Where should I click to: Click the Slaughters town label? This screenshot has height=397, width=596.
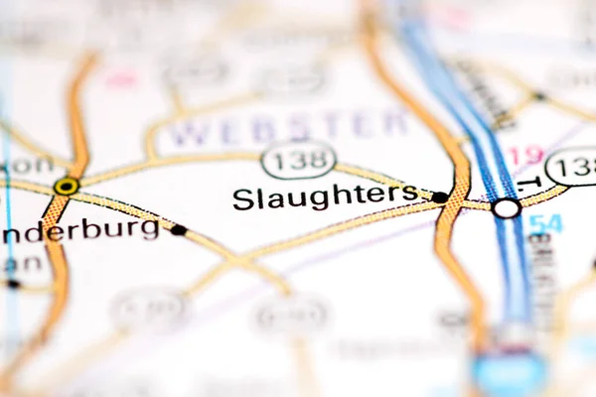pos(325,197)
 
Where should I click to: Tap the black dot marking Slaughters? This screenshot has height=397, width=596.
pos(439,198)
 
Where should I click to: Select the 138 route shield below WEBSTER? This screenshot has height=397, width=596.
pos(298,159)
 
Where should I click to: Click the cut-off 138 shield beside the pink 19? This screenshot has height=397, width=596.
pos(573,166)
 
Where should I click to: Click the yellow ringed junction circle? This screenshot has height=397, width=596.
pos(67,186)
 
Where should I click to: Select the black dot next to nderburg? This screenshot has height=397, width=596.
pos(178,230)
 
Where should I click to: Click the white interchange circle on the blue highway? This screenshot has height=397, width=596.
pos(506,208)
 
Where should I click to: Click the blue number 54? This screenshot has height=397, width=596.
pos(545,224)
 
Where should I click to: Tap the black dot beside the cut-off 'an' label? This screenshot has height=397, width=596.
pos(13,284)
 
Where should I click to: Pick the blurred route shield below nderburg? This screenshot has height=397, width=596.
pos(150,310)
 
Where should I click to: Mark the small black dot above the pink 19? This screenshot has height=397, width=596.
pos(538,96)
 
